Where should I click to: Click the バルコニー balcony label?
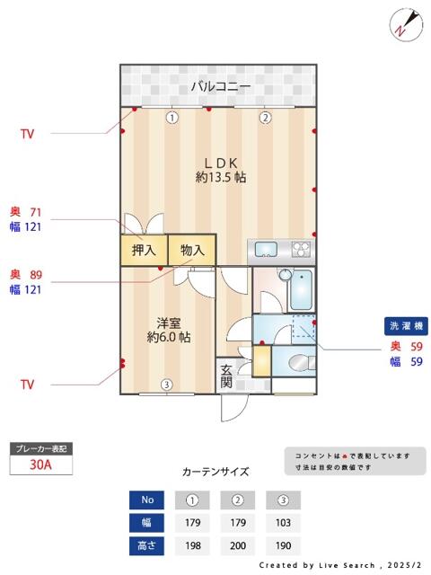point(220,87)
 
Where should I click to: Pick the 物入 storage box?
point(192,251)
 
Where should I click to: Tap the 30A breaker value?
point(40,465)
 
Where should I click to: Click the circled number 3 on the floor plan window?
point(166,385)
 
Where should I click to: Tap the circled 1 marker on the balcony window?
point(172,117)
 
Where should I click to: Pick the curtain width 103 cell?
point(283,523)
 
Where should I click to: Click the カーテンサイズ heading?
point(215,472)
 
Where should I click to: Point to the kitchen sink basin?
point(267,249)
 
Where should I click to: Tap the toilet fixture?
point(297,363)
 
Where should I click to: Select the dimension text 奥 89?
point(26,274)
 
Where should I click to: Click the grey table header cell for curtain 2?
point(238,500)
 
